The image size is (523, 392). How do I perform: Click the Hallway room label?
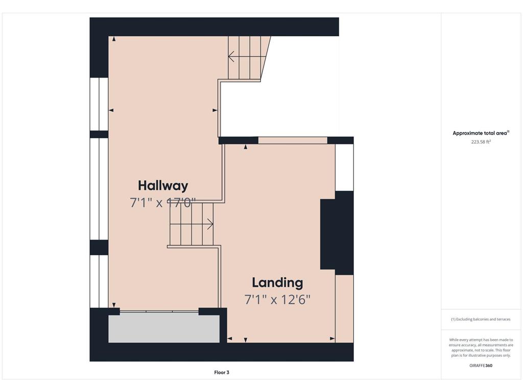163,186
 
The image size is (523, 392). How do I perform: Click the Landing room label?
277,283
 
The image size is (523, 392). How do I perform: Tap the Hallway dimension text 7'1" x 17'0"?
163,202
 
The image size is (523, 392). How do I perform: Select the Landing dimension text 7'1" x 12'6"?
277,300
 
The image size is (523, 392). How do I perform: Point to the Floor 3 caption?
222,372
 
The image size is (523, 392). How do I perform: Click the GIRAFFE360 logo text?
481,365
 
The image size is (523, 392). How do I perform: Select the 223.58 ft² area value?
481,142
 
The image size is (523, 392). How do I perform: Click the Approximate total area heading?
481,133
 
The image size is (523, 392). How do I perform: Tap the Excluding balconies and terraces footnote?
481,319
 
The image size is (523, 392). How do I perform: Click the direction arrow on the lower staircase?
192,224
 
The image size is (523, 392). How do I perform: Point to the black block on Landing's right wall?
337,233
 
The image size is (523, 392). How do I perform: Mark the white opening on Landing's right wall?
344,167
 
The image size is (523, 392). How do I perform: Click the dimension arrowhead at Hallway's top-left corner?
114,39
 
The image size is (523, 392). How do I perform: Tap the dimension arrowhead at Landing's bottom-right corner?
332,338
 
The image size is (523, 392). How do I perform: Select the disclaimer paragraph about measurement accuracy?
481,348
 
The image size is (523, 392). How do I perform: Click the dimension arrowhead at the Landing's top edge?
246,146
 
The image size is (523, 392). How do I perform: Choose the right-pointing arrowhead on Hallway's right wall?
215,110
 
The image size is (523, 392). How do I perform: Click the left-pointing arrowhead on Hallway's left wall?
111,110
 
